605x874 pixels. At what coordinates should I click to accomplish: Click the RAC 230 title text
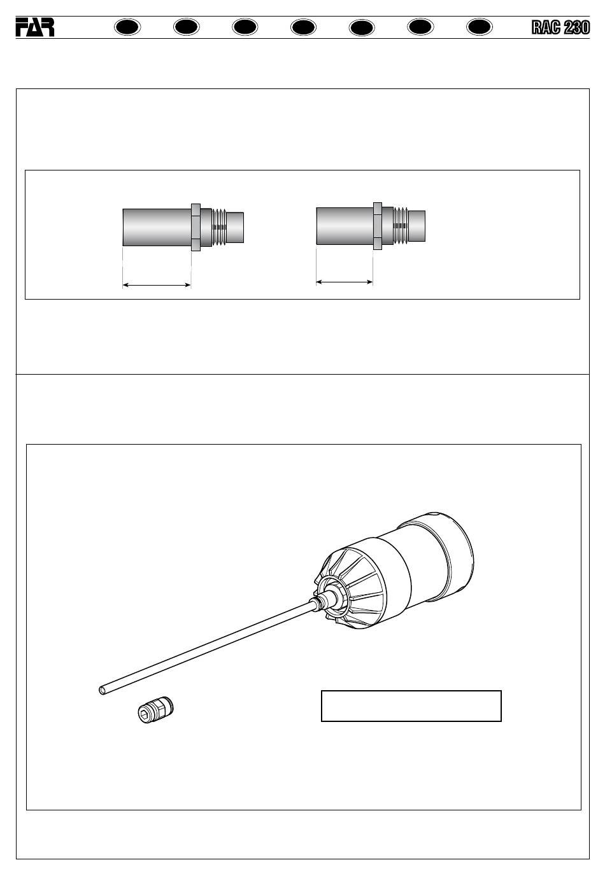pos(560,27)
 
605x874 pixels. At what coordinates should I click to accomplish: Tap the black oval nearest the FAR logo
pos(128,27)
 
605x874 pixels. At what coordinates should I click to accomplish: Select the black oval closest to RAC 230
pos(480,27)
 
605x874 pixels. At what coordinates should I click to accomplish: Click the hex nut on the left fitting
pos(196,227)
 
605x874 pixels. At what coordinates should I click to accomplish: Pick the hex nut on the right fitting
pos(377,226)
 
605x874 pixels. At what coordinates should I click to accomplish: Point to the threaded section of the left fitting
pos(220,226)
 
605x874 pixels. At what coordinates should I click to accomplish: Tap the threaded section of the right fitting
pos(401,226)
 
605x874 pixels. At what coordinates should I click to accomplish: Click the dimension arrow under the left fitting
pos(157,286)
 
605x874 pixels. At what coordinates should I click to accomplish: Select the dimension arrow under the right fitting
pos(345,282)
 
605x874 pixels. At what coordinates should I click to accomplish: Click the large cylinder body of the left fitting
pos(157,227)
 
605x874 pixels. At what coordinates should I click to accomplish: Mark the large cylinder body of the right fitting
pos(345,226)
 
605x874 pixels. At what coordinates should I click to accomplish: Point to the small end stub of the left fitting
pos(236,227)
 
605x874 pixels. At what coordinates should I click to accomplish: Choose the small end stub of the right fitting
pos(416,226)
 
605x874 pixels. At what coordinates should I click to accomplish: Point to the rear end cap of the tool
pos(449,558)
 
